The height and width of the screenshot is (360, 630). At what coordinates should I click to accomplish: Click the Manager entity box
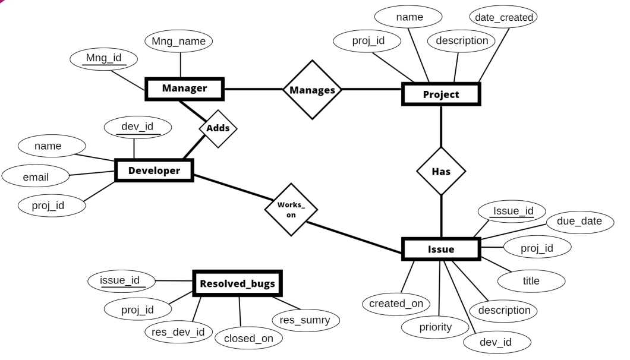[184, 89]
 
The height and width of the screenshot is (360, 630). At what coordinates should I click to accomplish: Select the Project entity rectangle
[440, 94]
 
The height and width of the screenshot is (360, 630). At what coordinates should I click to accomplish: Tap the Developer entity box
[154, 171]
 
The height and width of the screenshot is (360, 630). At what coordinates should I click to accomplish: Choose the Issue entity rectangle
[441, 250]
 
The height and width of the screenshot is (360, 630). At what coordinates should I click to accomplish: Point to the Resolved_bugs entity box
[237, 284]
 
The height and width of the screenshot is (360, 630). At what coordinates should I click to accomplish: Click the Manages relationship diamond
[312, 90]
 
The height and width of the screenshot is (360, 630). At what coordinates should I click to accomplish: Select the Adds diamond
[218, 128]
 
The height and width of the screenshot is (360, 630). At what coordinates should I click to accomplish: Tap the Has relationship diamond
[440, 171]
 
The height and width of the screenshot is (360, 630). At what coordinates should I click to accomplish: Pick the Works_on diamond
[291, 210]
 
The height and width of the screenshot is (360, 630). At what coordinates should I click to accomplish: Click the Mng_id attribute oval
[103, 59]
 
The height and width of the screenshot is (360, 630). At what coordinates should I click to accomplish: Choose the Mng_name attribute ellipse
[179, 42]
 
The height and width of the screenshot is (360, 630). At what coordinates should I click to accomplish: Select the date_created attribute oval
[502, 18]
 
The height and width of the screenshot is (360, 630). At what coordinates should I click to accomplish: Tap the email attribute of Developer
[36, 176]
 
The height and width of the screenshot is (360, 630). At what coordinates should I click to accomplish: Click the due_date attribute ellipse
[579, 222]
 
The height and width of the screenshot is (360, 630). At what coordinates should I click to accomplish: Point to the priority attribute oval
[435, 327]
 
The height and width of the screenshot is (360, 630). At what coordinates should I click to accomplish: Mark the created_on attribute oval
[396, 304]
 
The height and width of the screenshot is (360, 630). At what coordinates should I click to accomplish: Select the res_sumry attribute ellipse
[305, 320]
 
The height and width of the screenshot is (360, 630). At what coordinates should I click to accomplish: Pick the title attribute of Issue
[531, 280]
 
